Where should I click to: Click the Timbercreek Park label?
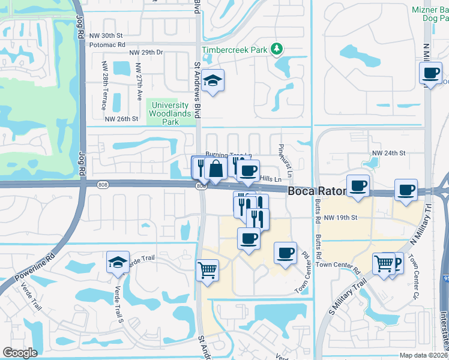pyautogui.click(x=234, y=50)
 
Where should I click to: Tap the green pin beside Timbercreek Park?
pyautogui.click(x=276, y=49)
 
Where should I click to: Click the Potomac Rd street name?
pyautogui.click(x=107, y=44)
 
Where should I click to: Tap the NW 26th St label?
pyautogui.click(x=121, y=119)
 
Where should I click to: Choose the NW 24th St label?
pyautogui.click(x=389, y=154)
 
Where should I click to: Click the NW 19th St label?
pyautogui.click(x=340, y=217)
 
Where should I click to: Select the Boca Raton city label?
pyautogui.click(x=317, y=192)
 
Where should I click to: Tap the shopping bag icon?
pyautogui.click(x=215, y=169)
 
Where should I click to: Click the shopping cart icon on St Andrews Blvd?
pyautogui.click(x=207, y=270)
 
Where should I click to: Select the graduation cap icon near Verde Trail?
pyautogui.click(x=118, y=262)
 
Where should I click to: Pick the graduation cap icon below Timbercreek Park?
pyautogui.click(x=212, y=80)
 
